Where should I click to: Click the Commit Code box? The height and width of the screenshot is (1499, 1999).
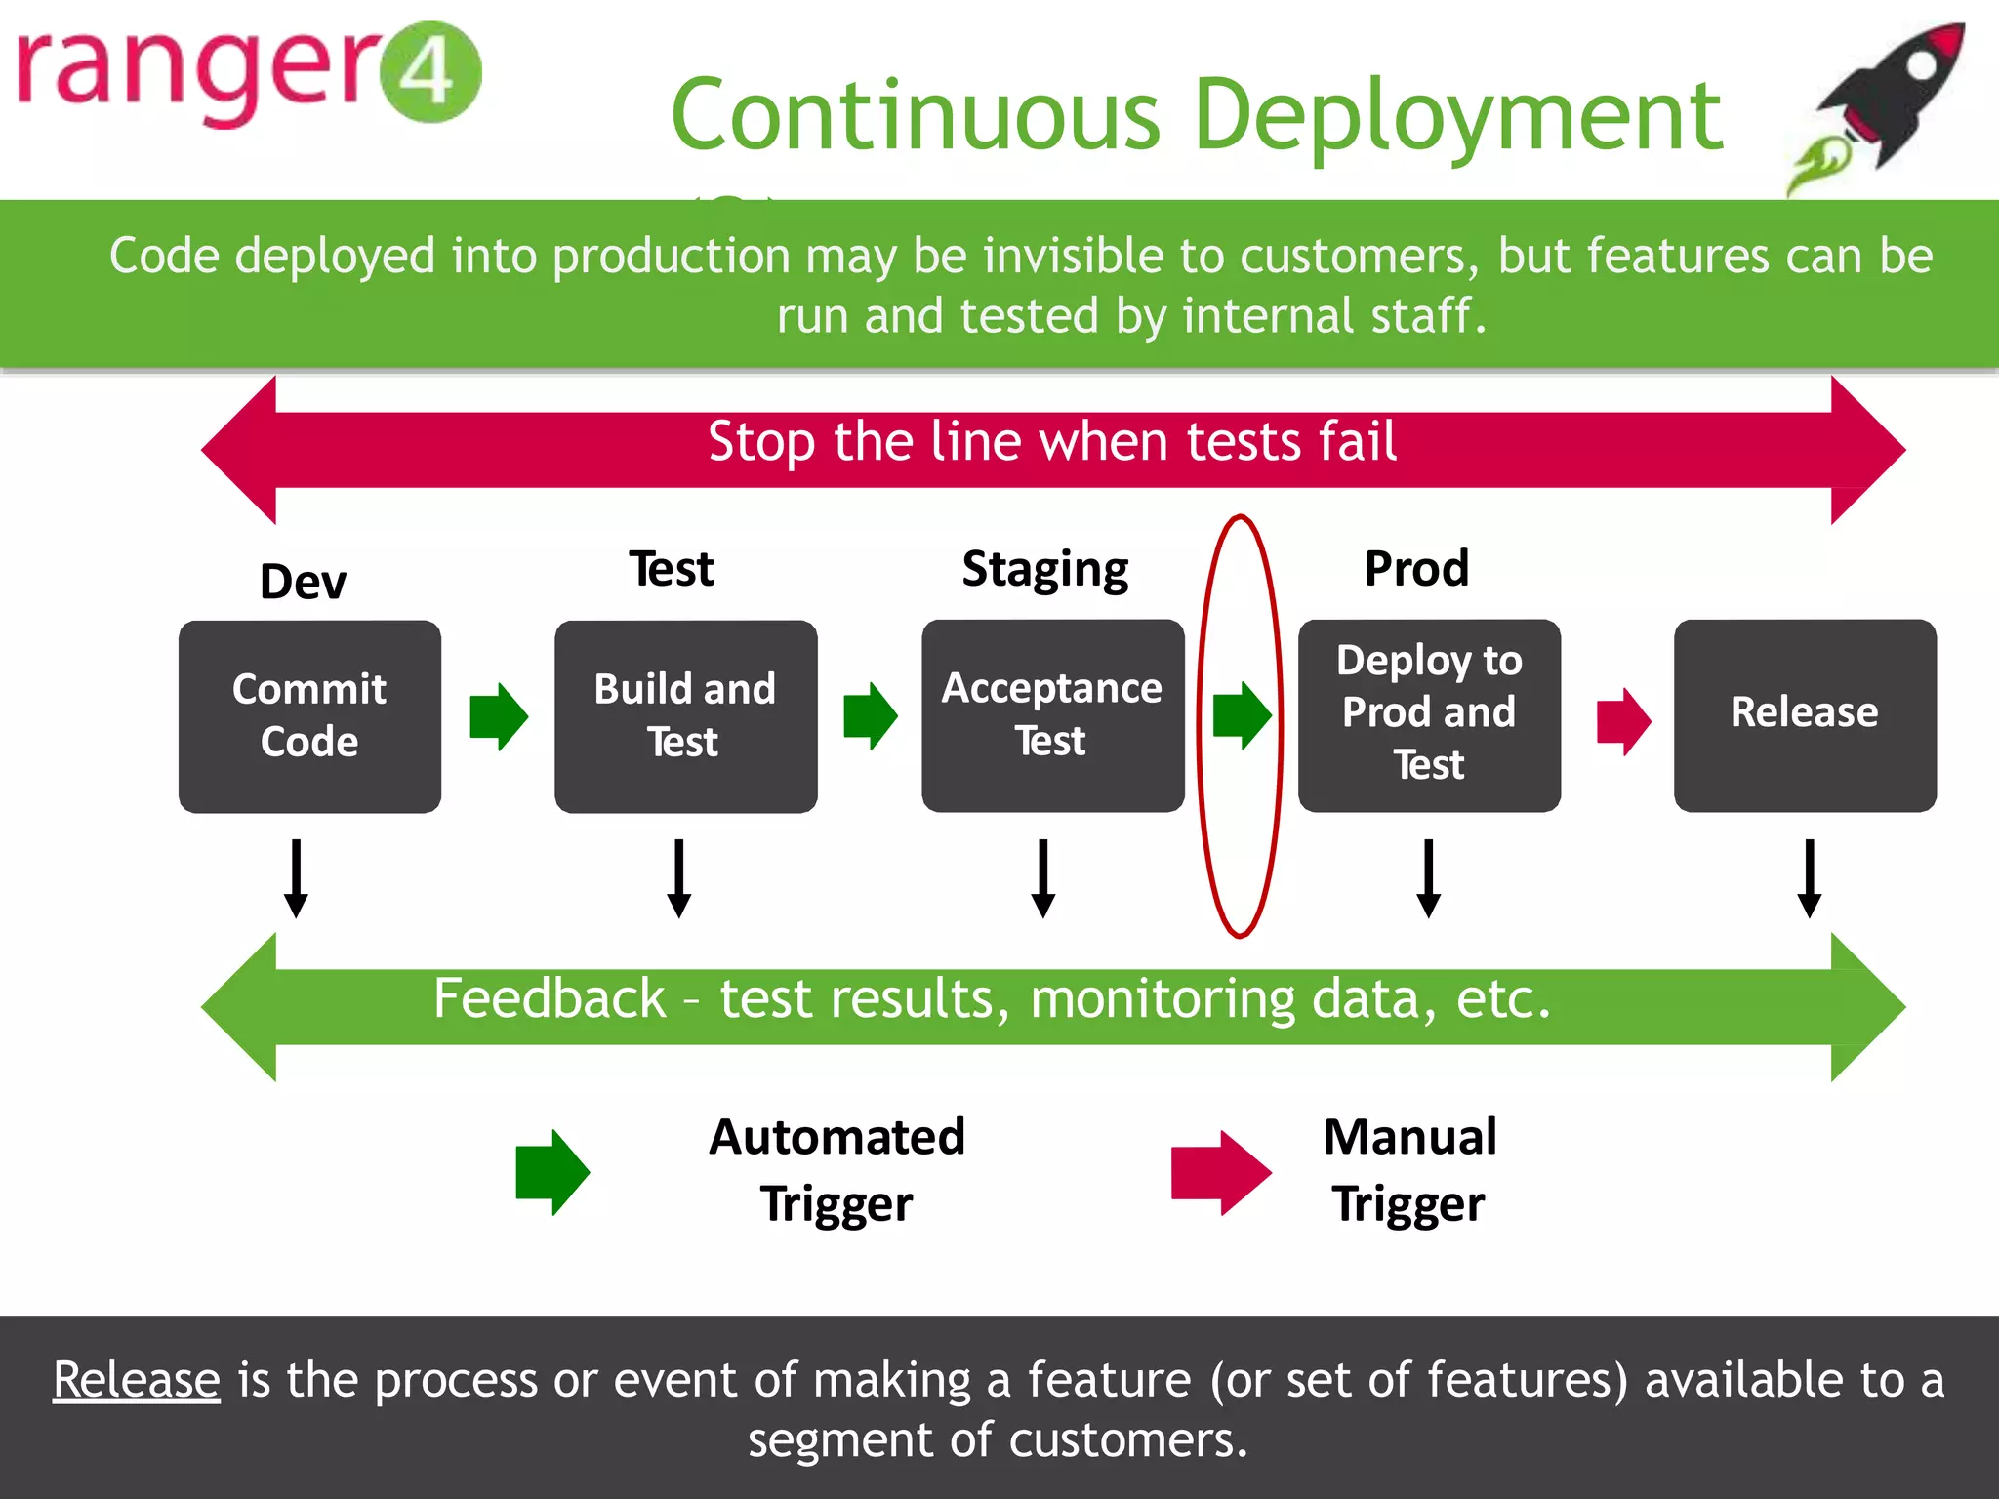pyautogui.click(x=309, y=715)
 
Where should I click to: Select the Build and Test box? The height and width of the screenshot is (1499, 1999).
pyautogui.click(x=685, y=715)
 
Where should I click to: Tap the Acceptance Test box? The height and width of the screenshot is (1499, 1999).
pyautogui.click(x=1052, y=715)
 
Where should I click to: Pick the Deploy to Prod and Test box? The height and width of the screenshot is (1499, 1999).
pyautogui.click(x=1429, y=715)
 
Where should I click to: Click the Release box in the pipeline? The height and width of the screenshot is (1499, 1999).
pyautogui.click(x=1805, y=715)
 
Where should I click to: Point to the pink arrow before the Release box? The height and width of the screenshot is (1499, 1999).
pyautogui.click(x=1623, y=721)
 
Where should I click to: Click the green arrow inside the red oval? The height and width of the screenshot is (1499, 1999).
pyautogui.click(x=1242, y=715)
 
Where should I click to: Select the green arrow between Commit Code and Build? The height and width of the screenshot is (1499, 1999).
pyautogui.click(x=498, y=716)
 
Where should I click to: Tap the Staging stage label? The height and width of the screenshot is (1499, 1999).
pyautogui.click(x=1044, y=570)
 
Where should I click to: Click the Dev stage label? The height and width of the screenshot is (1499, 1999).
pyautogui.click(x=303, y=582)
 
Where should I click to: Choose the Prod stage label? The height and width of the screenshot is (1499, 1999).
pyautogui.click(x=1416, y=568)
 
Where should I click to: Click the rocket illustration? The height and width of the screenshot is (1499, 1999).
pyautogui.click(x=1884, y=102)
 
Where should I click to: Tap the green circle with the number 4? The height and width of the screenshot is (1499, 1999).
pyautogui.click(x=429, y=72)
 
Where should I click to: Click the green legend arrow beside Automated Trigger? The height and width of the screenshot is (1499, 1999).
pyautogui.click(x=551, y=1171)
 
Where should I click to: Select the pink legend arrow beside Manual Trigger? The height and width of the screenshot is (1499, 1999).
pyautogui.click(x=1220, y=1172)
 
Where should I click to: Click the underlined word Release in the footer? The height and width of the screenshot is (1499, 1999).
pyautogui.click(x=137, y=1380)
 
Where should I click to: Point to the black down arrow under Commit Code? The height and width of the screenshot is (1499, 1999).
pyautogui.click(x=296, y=878)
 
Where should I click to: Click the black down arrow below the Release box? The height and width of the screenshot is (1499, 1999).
pyautogui.click(x=1809, y=878)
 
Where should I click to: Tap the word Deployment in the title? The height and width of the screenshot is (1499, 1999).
pyautogui.click(x=1458, y=116)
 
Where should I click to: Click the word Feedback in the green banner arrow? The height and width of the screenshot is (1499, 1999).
pyautogui.click(x=549, y=998)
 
